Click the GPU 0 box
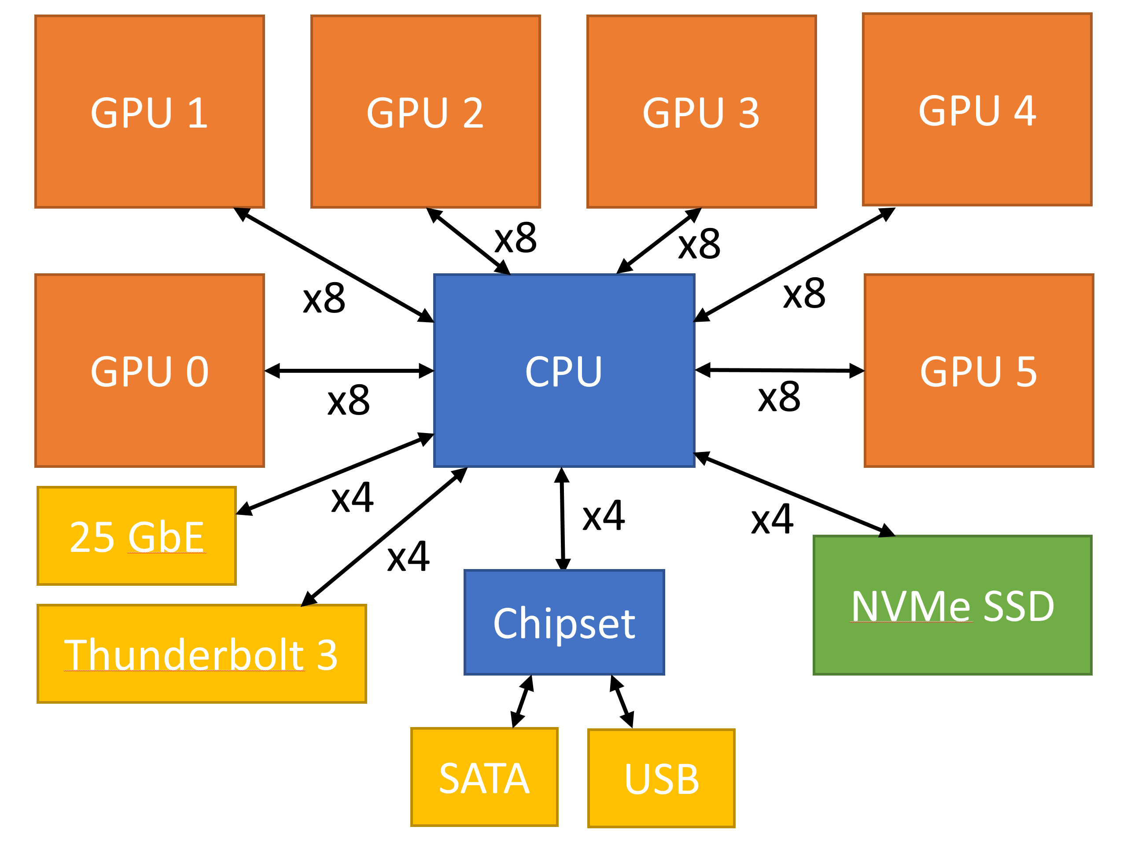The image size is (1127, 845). pyautogui.click(x=149, y=370)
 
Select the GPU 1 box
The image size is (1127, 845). pyautogui.click(x=149, y=111)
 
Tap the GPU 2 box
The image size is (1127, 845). pyautogui.click(x=425, y=111)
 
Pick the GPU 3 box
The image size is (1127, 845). pyautogui.click(x=702, y=111)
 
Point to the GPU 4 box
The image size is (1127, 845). pyautogui.click(x=977, y=110)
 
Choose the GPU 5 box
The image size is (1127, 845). pyautogui.click(x=979, y=370)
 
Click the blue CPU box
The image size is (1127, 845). pyautogui.click(x=564, y=370)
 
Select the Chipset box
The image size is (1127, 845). pyautogui.click(x=564, y=622)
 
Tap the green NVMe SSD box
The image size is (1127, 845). pyautogui.click(x=952, y=605)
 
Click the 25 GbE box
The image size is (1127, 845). pyautogui.click(x=136, y=536)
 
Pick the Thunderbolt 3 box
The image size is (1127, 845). pyautogui.click(x=201, y=654)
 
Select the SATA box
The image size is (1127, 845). pyautogui.click(x=484, y=777)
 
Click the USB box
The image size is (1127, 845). pyautogui.click(x=661, y=778)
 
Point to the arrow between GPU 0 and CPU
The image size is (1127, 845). pyautogui.click(x=349, y=371)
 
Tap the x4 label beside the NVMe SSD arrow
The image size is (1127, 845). pyautogui.click(x=772, y=519)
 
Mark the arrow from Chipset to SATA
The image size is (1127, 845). pyautogui.click(x=522, y=702)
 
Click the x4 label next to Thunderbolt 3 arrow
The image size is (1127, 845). pyautogui.click(x=408, y=556)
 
